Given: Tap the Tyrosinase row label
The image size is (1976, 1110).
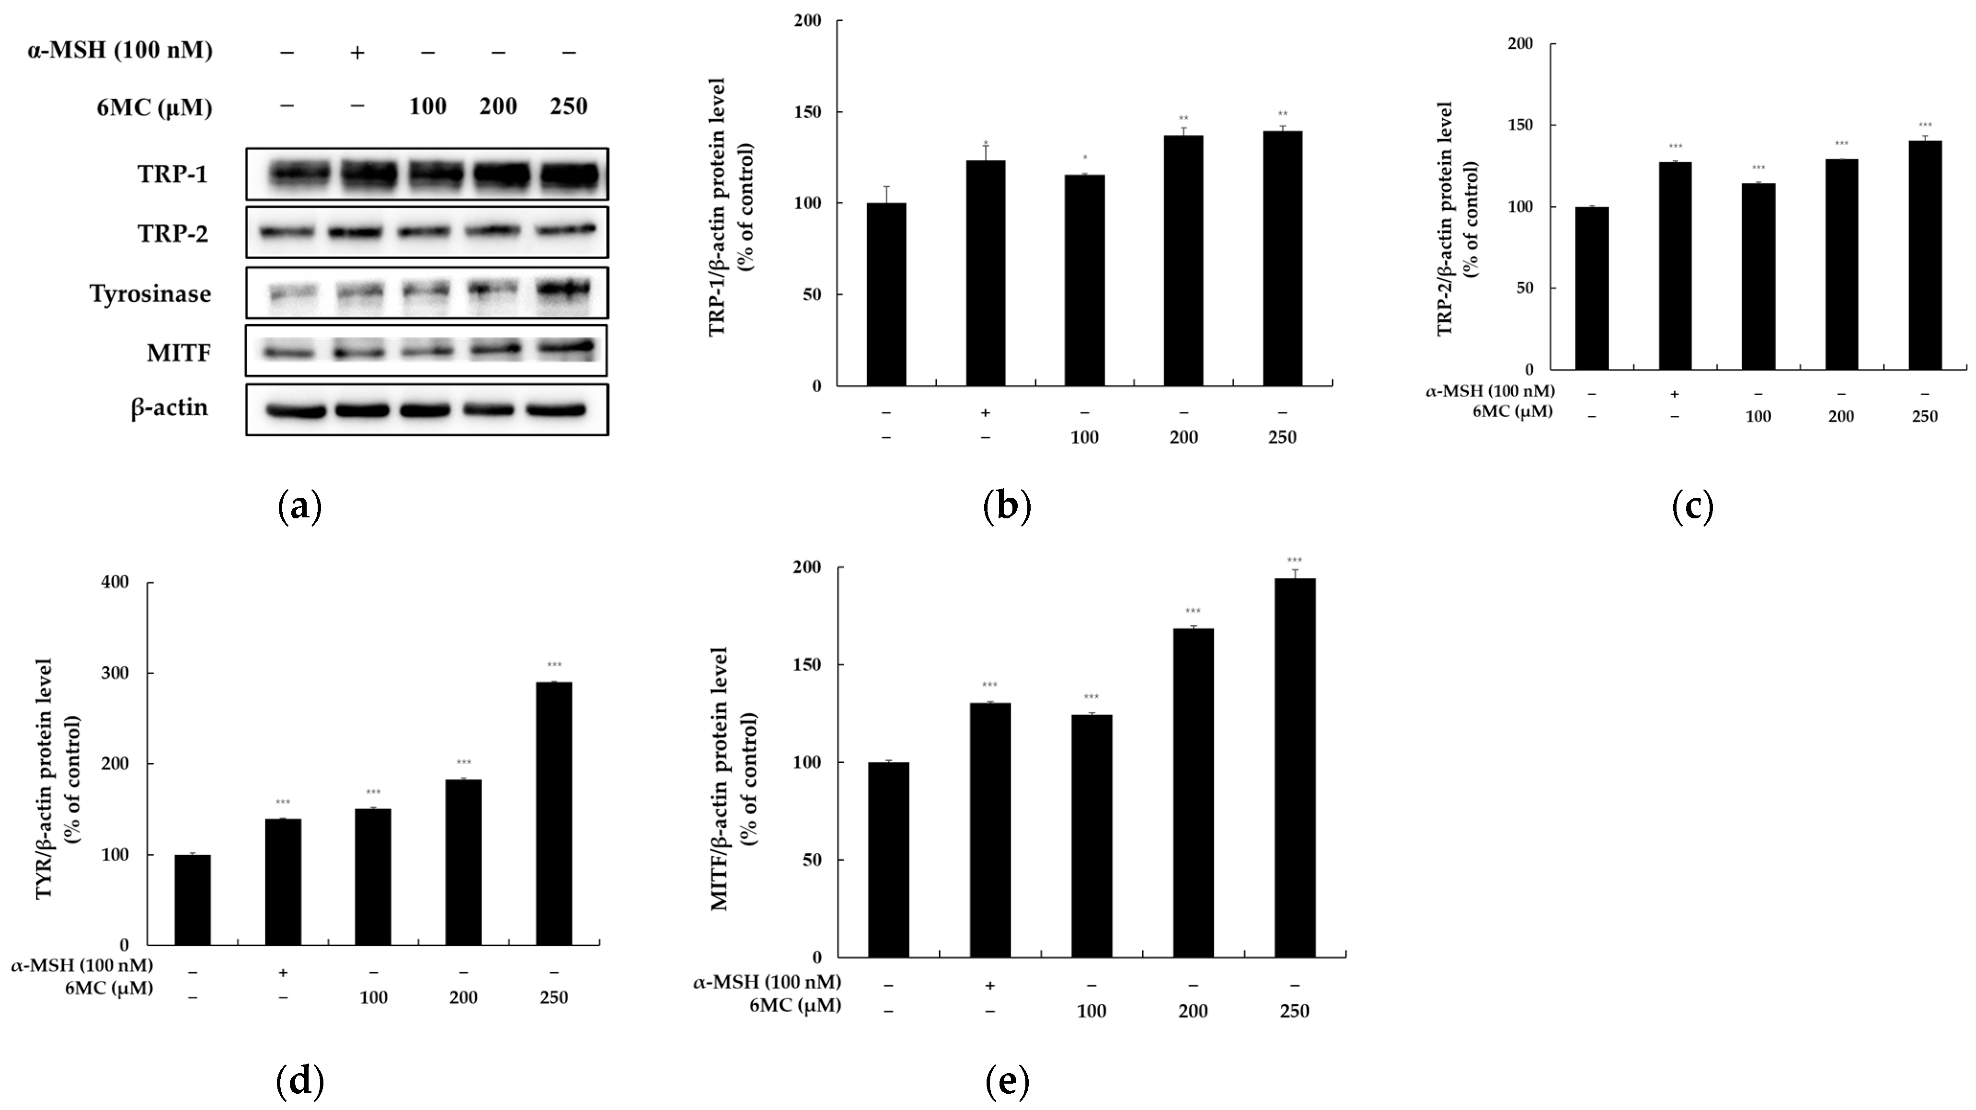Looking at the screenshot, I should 150,294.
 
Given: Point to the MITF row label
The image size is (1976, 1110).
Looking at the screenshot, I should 179,353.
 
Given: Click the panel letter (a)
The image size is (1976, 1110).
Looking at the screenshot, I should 299,507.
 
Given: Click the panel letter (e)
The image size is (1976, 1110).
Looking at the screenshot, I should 1006,1082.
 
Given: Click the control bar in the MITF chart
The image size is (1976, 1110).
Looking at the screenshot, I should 888,859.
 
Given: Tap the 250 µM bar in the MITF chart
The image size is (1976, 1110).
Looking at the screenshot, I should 1295,767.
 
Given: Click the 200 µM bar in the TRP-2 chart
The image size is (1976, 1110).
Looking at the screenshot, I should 1841,264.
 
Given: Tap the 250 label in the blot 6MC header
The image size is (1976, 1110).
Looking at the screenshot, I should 568,107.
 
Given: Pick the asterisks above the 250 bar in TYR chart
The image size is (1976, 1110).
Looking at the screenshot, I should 554,665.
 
